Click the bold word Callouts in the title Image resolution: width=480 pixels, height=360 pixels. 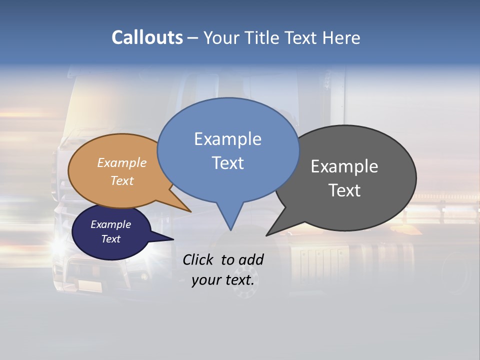coord(147,37)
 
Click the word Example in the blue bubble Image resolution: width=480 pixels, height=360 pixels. coord(227,139)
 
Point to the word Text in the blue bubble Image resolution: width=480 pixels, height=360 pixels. coord(227,163)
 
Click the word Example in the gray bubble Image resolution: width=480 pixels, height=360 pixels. coord(344,166)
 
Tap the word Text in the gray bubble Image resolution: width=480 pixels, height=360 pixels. coord(344,190)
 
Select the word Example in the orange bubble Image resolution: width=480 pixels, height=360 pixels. coord(122,163)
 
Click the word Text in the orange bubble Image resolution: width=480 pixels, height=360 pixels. coord(122,180)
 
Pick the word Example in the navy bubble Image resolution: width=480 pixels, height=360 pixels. coord(110,224)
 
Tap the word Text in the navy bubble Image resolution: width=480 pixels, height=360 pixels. coord(110,239)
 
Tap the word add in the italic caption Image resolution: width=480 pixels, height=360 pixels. coord(251,259)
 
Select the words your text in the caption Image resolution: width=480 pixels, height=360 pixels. coord(222,280)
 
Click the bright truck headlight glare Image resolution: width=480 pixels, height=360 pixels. coord(60,245)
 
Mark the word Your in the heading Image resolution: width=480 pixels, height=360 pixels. coord(222,37)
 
